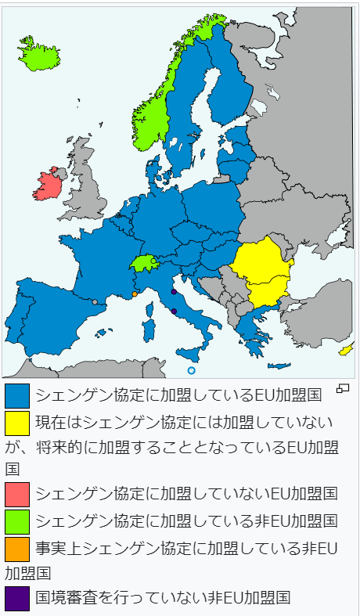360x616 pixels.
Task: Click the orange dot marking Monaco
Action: [135, 294]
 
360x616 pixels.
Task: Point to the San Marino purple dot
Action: [174, 292]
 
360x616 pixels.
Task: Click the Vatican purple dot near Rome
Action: [174, 311]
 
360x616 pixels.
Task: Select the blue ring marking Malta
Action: [191, 370]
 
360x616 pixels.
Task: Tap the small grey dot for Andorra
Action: [95, 302]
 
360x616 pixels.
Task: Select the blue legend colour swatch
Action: [17, 395]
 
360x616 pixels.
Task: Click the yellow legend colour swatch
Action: [17, 423]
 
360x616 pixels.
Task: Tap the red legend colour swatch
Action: [17, 494]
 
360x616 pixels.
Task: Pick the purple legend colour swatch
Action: [17, 598]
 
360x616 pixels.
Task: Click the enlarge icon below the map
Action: [342, 387]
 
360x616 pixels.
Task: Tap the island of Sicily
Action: [189, 354]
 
